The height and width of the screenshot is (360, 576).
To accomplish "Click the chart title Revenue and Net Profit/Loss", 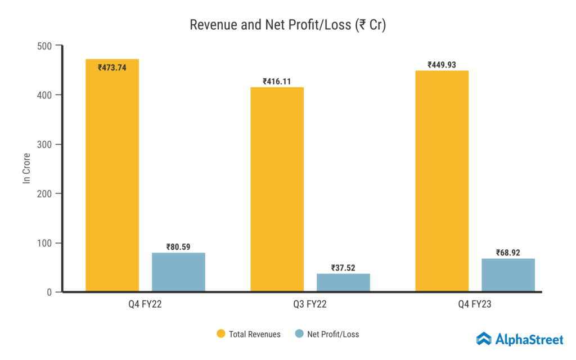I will point(287,25).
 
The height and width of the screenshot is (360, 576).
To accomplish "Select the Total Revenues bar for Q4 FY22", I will point(112,180).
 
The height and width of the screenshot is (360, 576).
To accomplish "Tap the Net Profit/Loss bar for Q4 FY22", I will point(178,272).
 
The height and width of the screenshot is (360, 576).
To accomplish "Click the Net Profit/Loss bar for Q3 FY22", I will point(343,282).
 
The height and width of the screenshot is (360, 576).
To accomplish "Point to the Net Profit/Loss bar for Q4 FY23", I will point(508,275).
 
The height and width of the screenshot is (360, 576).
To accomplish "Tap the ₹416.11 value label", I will point(277,82).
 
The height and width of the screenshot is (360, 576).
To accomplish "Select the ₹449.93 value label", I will point(442,65).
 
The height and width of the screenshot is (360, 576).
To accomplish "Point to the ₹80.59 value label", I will point(178,246).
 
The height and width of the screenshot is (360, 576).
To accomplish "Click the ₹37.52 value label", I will point(343,268).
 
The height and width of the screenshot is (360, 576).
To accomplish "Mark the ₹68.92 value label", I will point(508,253).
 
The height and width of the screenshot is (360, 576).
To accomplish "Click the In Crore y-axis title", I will point(26,169).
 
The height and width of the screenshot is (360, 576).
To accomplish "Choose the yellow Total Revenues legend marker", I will point(221,334).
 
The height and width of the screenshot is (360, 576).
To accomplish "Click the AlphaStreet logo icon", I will point(484,338).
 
